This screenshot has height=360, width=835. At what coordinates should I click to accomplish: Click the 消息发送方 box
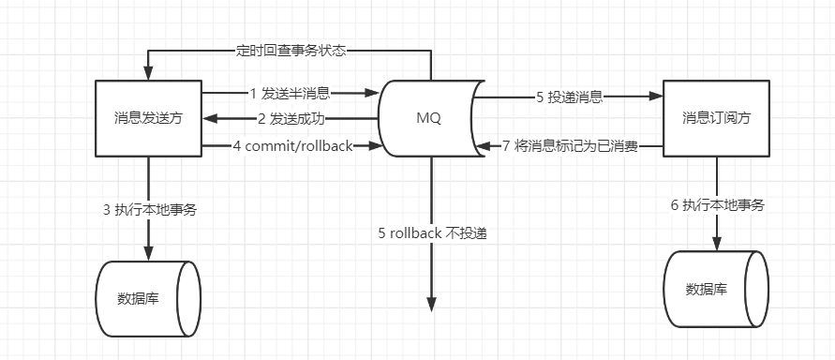[x=148, y=118]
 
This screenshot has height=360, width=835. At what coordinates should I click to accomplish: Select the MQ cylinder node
[x=428, y=118]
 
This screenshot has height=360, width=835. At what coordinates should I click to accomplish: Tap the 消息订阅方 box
[x=716, y=118]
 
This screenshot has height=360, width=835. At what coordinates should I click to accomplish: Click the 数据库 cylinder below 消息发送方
[x=148, y=299]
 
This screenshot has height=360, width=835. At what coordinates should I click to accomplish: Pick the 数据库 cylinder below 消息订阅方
[x=716, y=289]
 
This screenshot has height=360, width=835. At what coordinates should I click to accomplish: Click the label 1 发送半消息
[x=290, y=94]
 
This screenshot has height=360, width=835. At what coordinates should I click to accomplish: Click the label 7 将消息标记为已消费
[x=570, y=145]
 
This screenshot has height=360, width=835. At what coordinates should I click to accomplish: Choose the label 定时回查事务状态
[x=291, y=51]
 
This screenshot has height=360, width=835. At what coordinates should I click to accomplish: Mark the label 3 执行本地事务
[x=149, y=209]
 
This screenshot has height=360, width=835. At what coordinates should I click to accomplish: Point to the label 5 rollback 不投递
[x=431, y=233]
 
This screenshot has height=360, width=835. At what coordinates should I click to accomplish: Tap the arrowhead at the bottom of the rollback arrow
[x=431, y=304]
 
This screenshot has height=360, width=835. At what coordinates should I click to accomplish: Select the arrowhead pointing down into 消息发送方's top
[x=148, y=74]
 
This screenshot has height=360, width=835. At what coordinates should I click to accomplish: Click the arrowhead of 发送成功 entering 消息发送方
[x=209, y=119]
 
